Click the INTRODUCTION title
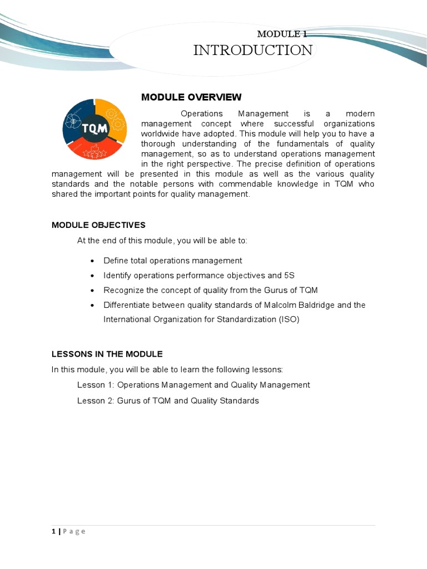(x=252, y=51)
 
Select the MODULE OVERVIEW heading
(x=191, y=97)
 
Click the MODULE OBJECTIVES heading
(x=98, y=225)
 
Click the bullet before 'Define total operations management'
(x=91, y=261)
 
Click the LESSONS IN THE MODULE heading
(x=107, y=354)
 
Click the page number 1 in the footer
(x=53, y=531)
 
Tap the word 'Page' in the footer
(x=74, y=531)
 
